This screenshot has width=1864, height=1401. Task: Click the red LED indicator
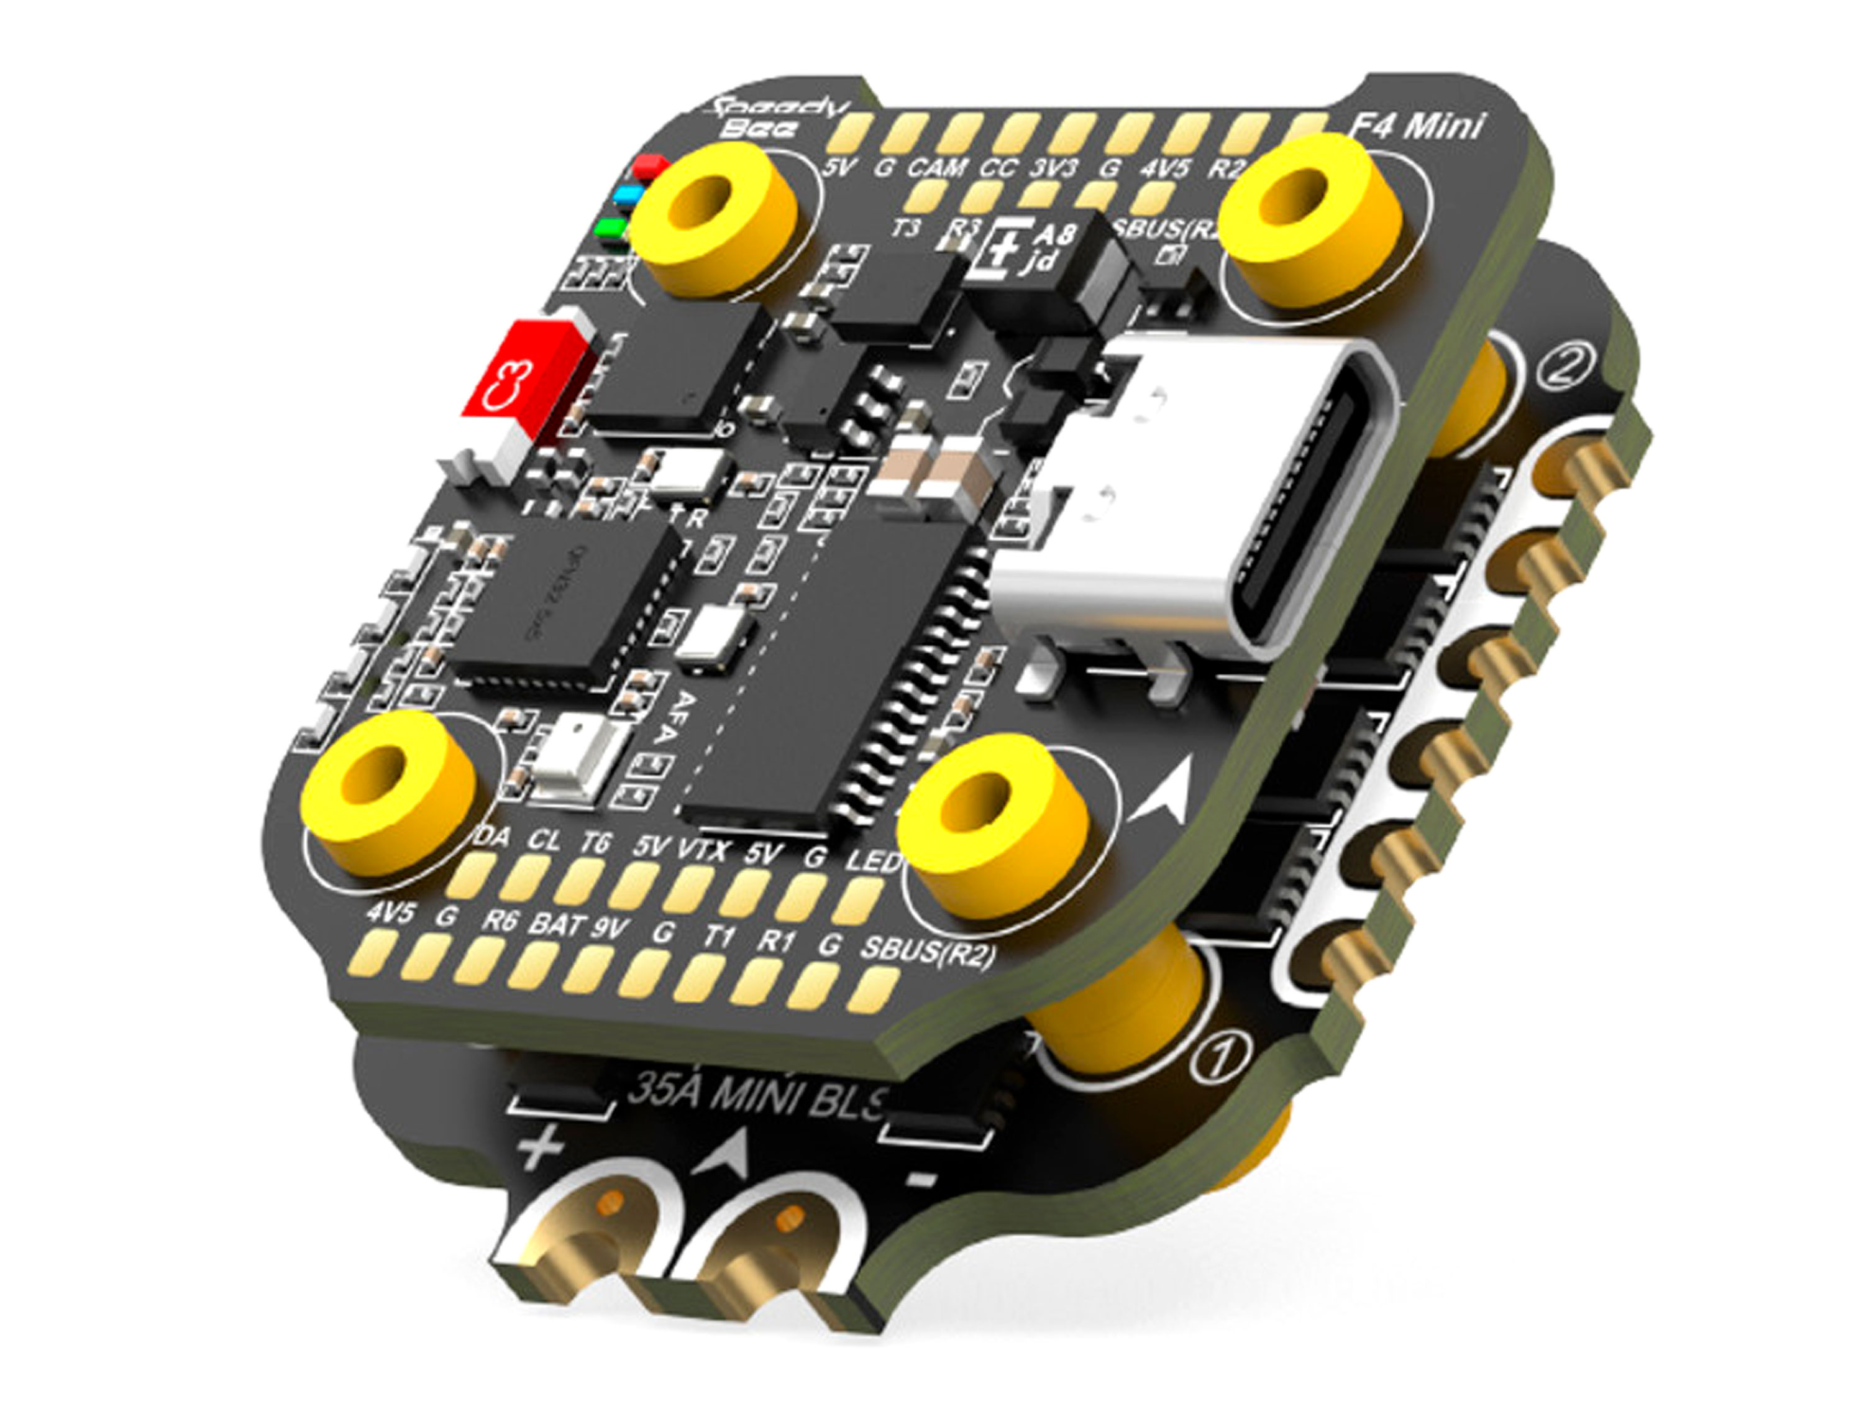pyautogui.click(x=650, y=166)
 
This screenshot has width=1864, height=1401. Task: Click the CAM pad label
pyautogui.click(x=936, y=168)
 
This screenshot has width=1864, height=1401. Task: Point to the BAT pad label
pyautogui.click(x=556, y=925)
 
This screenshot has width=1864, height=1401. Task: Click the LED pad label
pyautogui.click(x=873, y=861)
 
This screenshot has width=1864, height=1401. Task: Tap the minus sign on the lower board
pyautogui.click(x=922, y=1177)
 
